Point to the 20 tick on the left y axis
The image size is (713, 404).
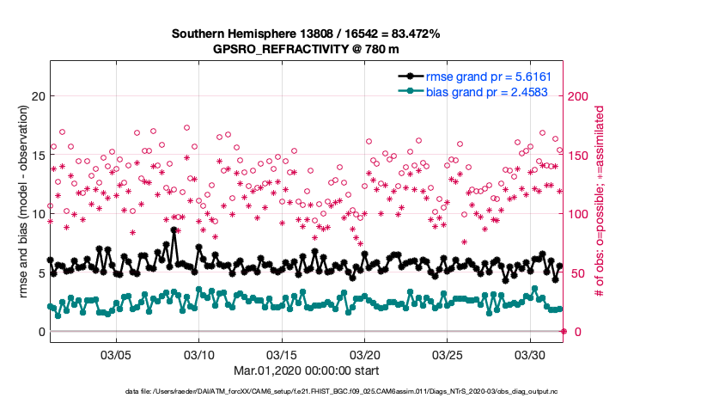coord(36,95)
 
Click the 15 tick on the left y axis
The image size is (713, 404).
coord(36,155)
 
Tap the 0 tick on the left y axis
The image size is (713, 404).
coord(40,332)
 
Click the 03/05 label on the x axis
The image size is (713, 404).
coord(116,354)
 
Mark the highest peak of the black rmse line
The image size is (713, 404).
coord(174,230)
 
